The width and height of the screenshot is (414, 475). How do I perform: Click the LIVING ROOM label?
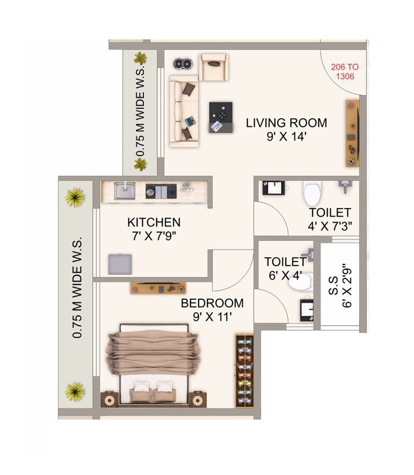coord(286,123)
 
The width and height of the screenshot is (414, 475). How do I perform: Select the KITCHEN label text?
coord(154,222)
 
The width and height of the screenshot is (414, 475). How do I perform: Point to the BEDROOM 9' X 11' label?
coord(212,309)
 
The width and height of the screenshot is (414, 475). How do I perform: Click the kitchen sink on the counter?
coord(125,191)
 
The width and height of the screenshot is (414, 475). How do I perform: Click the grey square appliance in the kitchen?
coord(120,264)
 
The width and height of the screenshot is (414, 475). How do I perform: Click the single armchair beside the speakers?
coord(214,67)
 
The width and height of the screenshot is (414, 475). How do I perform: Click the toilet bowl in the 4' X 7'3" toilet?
coord(312,193)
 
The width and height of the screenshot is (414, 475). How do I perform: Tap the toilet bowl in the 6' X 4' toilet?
coord(306,282)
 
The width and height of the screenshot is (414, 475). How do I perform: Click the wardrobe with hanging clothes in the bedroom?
coord(244,370)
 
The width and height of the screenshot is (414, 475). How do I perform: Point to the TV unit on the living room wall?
coord(352,133)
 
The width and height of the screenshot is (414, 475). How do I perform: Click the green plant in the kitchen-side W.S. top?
coord(75,197)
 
